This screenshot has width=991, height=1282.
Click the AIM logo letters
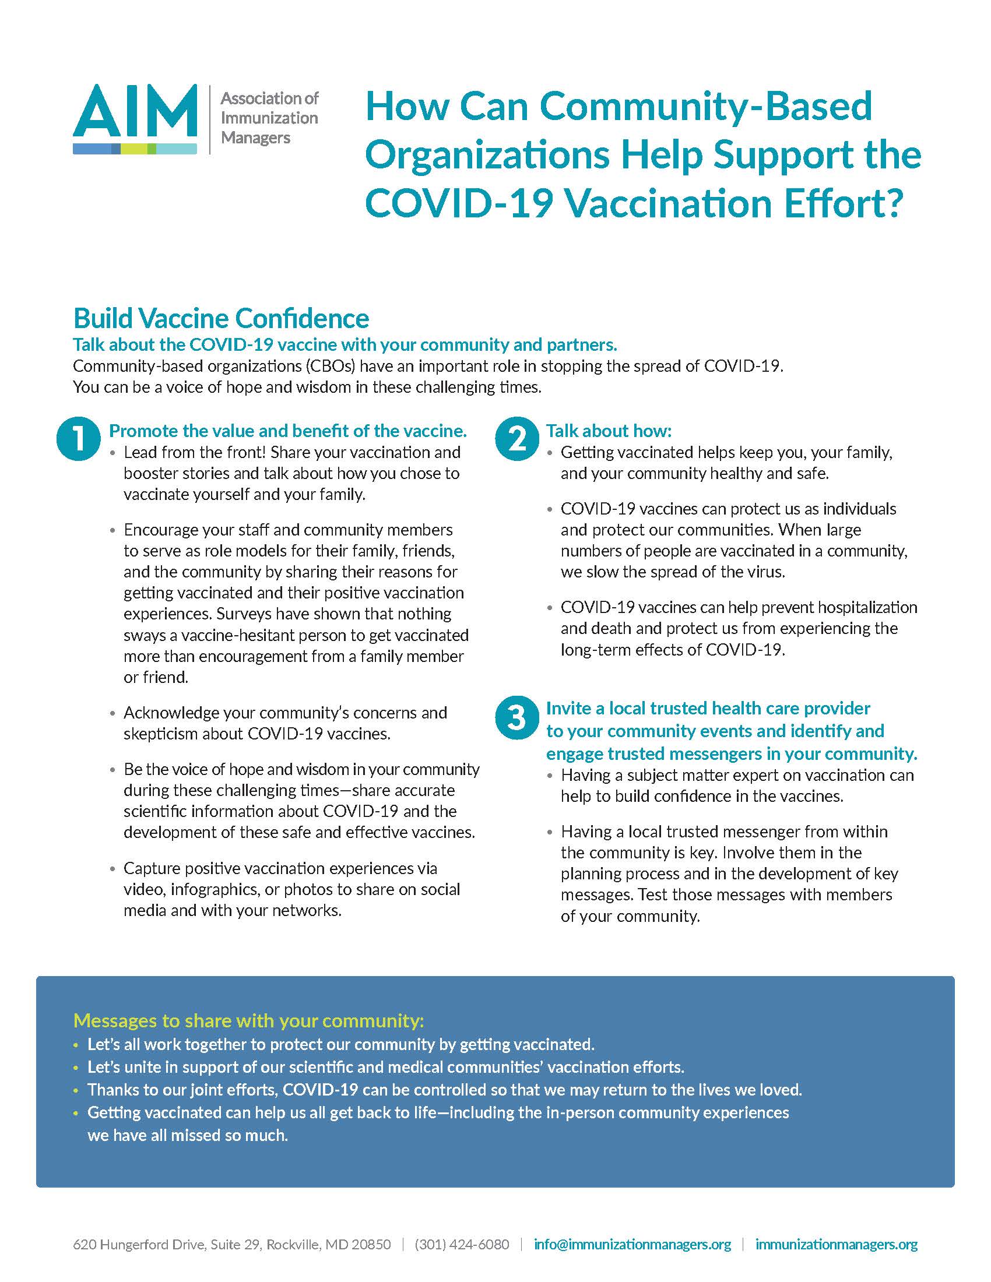pyautogui.click(x=135, y=111)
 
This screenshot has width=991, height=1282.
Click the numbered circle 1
pyautogui.click(x=78, y=438)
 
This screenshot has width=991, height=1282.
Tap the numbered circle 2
pyautogui.click(x=516, y=438)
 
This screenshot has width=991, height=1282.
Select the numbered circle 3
pyautogui.click(x=516, y=718)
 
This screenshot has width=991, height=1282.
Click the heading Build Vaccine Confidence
pyautogui.click(x=221, y=319)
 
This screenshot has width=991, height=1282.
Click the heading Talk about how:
pyautogui.click(x=608, y=431)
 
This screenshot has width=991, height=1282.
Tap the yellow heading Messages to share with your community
pyautogui.click(x=248, y=1020)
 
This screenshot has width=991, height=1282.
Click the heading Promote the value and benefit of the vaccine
pyautogui.click(x=287, y=431)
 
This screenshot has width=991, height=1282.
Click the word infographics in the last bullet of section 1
pyautogui.click(x=215, y=889)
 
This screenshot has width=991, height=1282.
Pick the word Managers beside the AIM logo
pyautogui.click(x=255, y=138)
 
